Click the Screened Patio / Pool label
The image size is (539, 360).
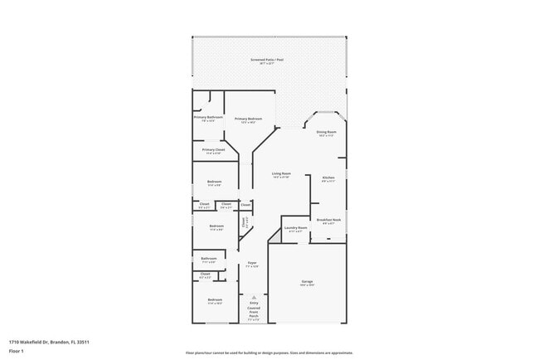click(x=267, y=61)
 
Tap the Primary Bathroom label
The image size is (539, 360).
click(x=209, y=118)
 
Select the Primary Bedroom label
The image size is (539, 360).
click(x=249, y=119)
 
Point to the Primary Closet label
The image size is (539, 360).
click(x=213, y=150)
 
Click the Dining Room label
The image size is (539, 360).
click(x=326, y=133)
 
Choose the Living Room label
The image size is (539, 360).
click(x=282, y=174)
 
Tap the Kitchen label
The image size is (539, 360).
click(x=328, y=178)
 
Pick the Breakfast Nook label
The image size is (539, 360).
click(x=328, y=220)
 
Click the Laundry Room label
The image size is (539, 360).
click(x=296, y=228)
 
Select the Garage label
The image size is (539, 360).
click(x=307, y=282)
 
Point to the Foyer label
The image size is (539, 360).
click(x=251, y=264)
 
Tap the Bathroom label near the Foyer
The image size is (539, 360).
click(x=208, y=259)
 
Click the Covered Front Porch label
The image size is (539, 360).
click(x=254, y=312)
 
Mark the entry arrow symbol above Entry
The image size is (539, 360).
click(x=254, y=296)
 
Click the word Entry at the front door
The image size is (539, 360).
click(x=254, y=303)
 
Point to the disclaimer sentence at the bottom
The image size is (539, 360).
click(x=269, y=353)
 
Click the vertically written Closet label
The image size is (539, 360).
click(x=245, y=221)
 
